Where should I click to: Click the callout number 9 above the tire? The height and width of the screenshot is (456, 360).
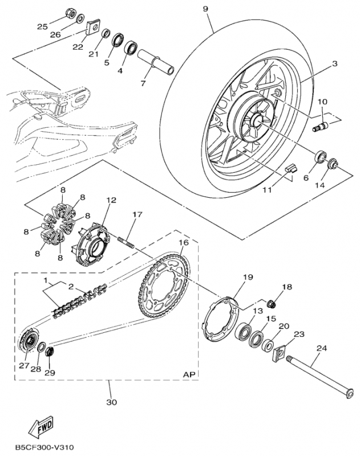coord(205,9)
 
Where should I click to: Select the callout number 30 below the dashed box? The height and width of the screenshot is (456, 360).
coord(112,402)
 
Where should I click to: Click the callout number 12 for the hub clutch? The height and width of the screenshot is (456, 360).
coord(111,201)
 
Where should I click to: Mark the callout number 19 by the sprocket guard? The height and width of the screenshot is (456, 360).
coord(247,278)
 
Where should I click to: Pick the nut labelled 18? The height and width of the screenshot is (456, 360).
coord(273,301)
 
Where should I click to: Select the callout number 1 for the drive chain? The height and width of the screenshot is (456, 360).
coord(45,282)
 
